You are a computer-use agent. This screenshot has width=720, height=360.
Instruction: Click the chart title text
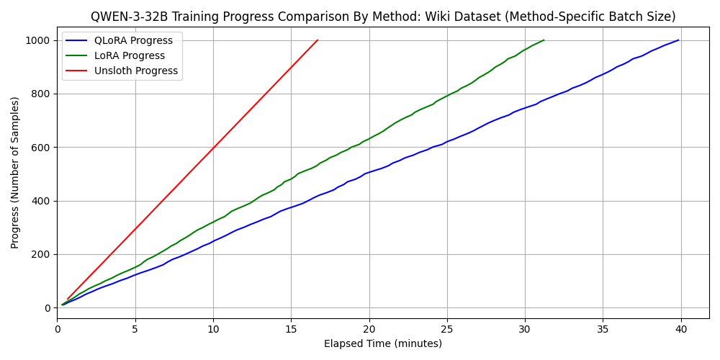coord(383,17)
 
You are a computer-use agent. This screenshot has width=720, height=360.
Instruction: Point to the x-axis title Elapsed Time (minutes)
coord(383,344)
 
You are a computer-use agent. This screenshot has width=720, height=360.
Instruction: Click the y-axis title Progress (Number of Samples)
coord(15,172)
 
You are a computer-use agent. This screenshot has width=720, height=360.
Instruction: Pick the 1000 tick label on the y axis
coord(37,40)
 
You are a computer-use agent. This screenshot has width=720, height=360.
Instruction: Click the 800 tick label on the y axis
coord(40,94)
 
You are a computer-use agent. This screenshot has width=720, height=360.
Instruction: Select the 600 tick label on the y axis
coord(40,148)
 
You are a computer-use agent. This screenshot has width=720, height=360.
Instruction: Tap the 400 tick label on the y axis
coord(40,201)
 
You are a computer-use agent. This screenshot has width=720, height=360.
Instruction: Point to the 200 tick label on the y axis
coord(40,254)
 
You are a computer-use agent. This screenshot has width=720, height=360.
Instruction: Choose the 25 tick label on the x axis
coord(447,329)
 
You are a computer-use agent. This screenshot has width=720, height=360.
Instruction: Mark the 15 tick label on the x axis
coord(291,329)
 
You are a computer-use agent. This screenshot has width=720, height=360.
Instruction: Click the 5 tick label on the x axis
coord(135,329)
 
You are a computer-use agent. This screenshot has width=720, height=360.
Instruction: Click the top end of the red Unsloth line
coord(318,40)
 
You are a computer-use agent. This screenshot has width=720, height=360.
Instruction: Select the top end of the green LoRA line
coord(544,40)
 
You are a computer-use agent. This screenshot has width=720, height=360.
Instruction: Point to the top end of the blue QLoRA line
coord(678,40)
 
